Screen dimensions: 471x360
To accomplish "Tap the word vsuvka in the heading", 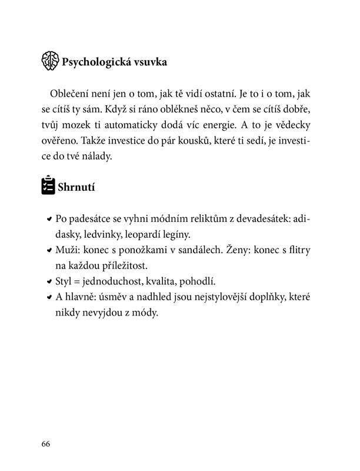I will [x=152, y=61].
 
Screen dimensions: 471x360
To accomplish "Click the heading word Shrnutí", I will [x=76, y=188].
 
